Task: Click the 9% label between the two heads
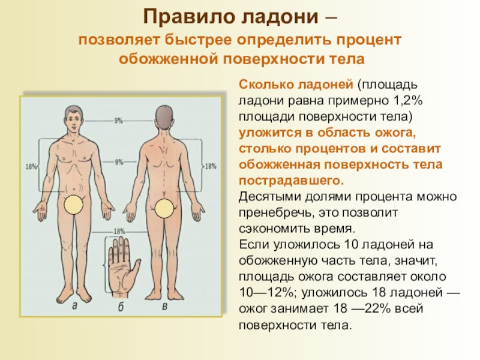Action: pos(118,121)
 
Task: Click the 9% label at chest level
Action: pos(118,161)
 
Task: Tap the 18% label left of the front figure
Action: pos(31,167)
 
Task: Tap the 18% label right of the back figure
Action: pos(211,167)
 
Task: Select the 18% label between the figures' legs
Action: pos(118,231)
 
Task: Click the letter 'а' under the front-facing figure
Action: pos(74,306)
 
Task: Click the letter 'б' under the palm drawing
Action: pos(121,307)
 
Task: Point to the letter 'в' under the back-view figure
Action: pos(164,306)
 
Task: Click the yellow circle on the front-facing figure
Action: pos(74,205)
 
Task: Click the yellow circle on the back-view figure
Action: pos(164,208)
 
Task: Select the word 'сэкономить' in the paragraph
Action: pos(270,229)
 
